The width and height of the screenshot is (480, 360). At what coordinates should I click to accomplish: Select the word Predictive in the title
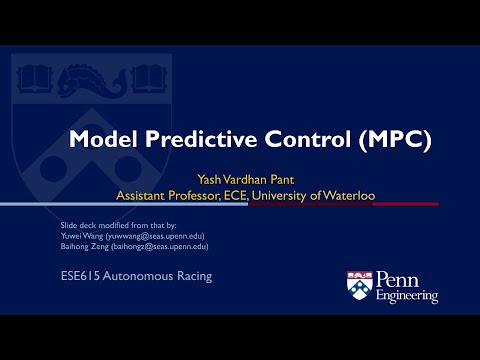point(196,140)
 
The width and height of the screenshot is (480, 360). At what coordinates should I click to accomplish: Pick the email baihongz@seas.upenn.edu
point(157,246)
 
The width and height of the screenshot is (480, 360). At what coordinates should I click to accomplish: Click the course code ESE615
point(78,274)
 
